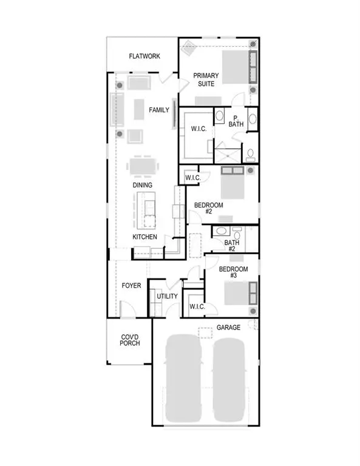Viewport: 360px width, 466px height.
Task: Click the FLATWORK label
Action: tap(144, 56)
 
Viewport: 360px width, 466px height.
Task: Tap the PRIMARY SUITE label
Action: tap(206, 79)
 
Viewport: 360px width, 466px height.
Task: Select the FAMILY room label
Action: tap(159, 110)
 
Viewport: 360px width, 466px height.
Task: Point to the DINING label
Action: tap(143, 185)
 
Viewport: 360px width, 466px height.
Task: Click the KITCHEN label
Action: tap(145, 237)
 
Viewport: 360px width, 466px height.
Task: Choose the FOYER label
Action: tap(131, 284)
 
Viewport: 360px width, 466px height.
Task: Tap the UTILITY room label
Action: tap(167, 296)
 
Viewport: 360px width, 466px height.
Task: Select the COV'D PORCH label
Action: tap(130, 340)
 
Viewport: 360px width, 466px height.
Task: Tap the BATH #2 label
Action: tap(231, 246)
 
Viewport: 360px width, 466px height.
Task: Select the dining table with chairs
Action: tap(143, 165)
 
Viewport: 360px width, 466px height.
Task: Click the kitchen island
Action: tap(144, 209)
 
